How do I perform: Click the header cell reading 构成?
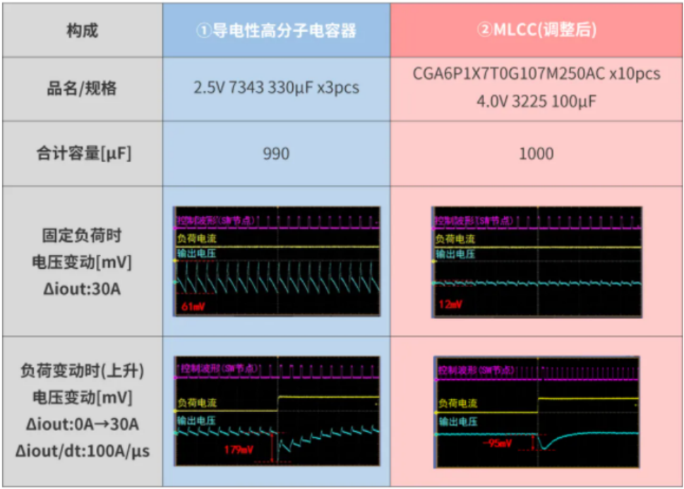coord(82,30)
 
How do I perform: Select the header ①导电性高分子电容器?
coord(276,31)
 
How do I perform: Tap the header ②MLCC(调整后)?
coord(536,30)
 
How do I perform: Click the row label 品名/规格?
coord(82,89)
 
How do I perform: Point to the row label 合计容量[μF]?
coord(82,154)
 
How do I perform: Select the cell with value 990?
coord(276,154)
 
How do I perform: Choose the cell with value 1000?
coord(536,154)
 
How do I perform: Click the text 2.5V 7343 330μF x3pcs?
coord(276,88)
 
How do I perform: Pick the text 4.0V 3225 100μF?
coord(536,102)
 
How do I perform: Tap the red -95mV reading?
coord(498,444)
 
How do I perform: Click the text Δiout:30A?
coord(82,289)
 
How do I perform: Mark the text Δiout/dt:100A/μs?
coord(82,451)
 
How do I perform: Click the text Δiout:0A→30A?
coord(82,425)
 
